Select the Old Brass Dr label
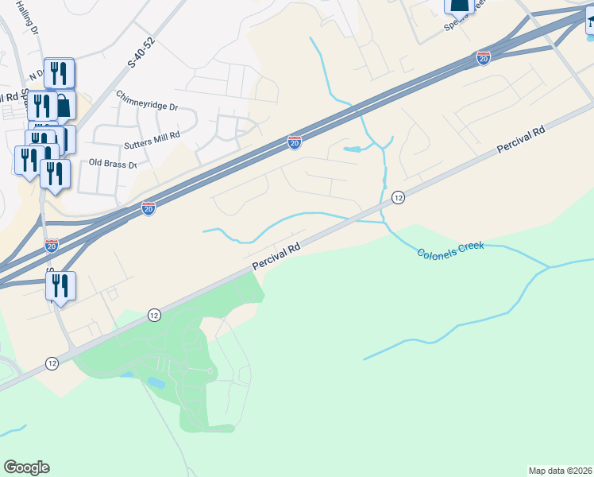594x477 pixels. (114, 163)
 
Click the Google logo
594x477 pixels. (27, 467)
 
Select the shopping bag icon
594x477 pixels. (64, 104)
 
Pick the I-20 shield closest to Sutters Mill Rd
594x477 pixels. (294, 142)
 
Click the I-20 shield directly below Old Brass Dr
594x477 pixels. (148, 207)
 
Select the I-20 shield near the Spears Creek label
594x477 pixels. (484, 57)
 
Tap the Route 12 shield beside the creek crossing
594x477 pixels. (399, 197)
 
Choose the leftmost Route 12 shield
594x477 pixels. (52, 363)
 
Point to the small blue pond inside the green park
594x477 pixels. (156, 382)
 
